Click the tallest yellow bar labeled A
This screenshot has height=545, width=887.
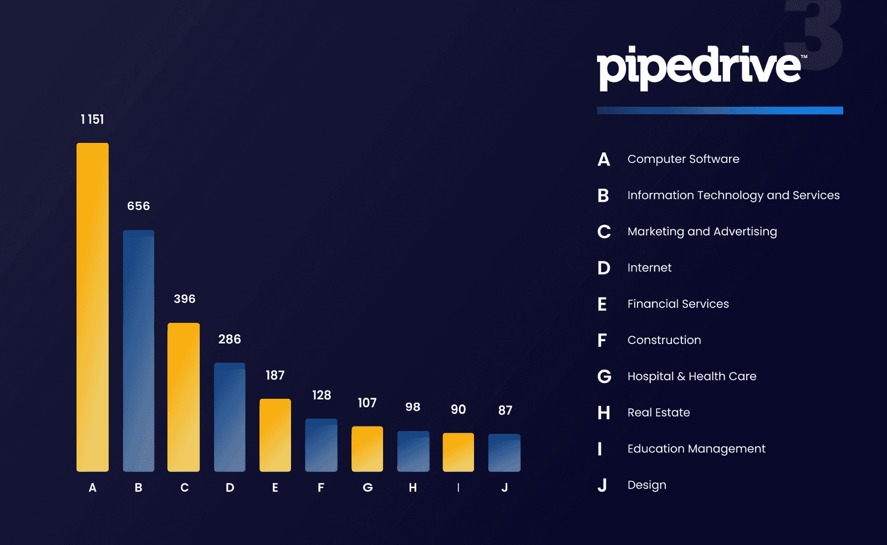(93, 307)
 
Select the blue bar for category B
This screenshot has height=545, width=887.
(139, 351)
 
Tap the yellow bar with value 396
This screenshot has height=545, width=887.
(183, 397)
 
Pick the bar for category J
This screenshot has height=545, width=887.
(504, 453)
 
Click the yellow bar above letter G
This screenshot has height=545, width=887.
(367, 449)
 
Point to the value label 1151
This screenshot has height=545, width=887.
(92, 120)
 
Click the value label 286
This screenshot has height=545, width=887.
(230, 339)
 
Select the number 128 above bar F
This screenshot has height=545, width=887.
(322, 395)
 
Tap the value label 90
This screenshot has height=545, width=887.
(458, 409)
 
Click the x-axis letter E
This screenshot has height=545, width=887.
(275, 488)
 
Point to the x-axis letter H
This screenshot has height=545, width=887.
(412, 488)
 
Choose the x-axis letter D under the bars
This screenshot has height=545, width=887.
(230, 488)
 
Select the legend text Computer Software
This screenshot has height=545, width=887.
(683, 159)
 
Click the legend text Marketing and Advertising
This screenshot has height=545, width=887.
(702, 232)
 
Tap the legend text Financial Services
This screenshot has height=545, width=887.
(678, 304)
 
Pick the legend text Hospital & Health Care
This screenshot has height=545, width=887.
(692, 377)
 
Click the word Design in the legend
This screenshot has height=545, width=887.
(647, 485)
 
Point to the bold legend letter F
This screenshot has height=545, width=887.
(602, 340)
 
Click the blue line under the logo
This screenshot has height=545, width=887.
(720, 111)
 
